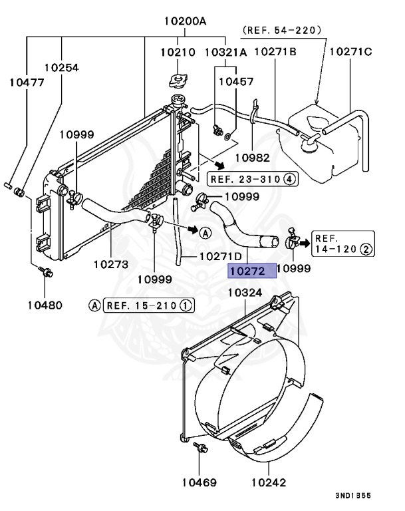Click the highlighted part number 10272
click(x=247, y=271)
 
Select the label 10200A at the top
click(x=185, y=21)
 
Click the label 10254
click(x=62, y=67)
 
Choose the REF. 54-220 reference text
click(x=282, y=30)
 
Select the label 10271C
click(x=350, y=51)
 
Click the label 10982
click(x=253, y=157)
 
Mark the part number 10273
click(x=110, y=263)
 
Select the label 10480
click(x=45, y=305)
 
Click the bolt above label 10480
click(x=45, y=271)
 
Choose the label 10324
click(x=245, y=291)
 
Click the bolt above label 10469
click(x=198, y=448)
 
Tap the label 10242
click(x=269, y=481)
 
